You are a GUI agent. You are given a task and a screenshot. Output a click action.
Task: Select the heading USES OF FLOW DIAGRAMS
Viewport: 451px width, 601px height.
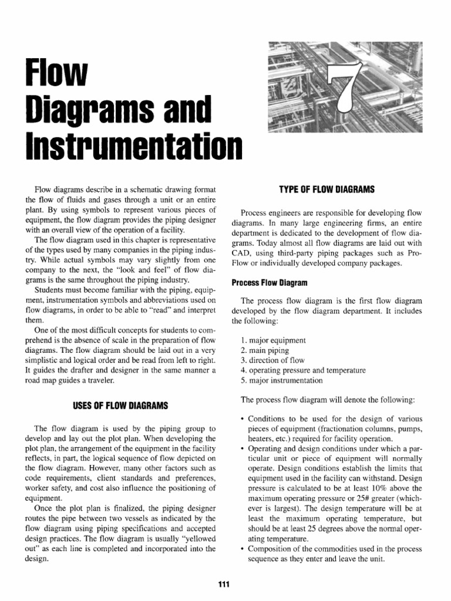click(x=120, y=405)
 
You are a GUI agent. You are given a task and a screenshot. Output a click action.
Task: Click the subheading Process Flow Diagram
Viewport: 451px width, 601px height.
click(x=266, y=282)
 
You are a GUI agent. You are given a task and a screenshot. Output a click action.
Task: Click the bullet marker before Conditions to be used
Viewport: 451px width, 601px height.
click(x=243, y=419)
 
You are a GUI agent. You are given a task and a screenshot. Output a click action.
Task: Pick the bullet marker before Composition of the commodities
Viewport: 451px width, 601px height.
click(x=243, y=549)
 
